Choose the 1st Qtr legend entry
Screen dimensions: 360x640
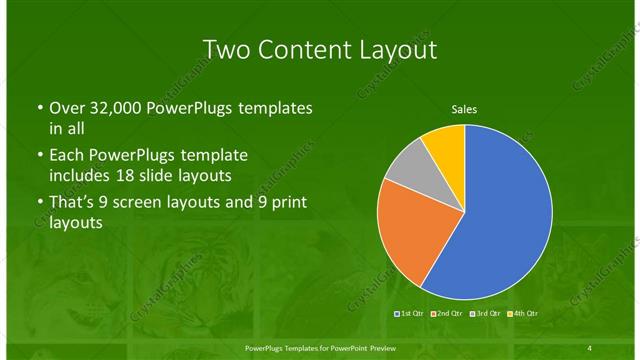click(x=412, y=315)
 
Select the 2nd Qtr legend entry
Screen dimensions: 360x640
click(x=449, y=315)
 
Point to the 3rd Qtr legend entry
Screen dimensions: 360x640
click(x=485, y=315)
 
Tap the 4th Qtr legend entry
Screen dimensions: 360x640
click(x=521, y=315)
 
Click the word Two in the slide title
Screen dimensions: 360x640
click(x=225, y=50)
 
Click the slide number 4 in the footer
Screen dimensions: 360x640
click(x=590, y=347)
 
